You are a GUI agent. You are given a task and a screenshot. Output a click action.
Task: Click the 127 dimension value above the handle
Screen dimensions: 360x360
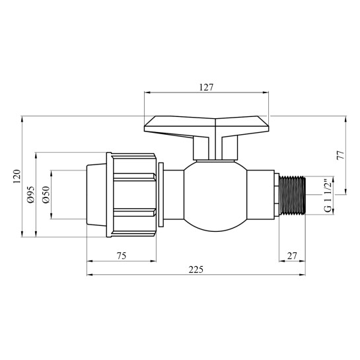coord(207,86)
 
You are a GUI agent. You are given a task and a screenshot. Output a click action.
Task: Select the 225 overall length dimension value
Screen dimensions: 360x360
coord(195,269)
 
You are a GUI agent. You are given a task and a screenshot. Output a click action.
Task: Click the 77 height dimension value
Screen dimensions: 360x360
coord(341,156)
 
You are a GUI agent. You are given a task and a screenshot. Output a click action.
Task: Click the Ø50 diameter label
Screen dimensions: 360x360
coord(46,195)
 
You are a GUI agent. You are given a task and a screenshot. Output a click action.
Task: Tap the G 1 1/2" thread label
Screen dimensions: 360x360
coord(328,196)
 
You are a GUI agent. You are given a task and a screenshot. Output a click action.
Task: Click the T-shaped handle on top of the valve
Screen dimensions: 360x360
coord(207,124)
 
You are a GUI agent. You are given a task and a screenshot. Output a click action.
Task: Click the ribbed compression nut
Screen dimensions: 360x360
coord(133,195)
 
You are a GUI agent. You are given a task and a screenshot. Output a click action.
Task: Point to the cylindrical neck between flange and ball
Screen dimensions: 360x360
coord(174,195)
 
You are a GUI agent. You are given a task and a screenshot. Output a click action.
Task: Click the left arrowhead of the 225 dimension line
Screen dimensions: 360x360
coord(89,275)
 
